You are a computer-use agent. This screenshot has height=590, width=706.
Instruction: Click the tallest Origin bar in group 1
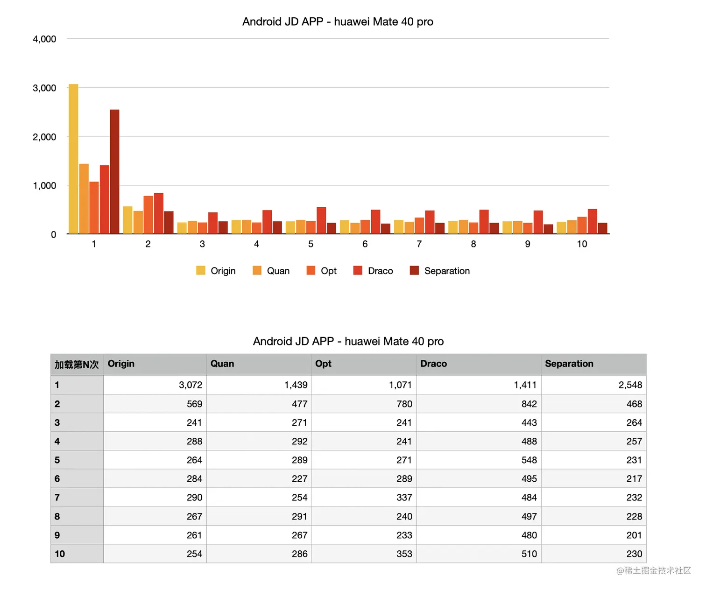click(73, 159)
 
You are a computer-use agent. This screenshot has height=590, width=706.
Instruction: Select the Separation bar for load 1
click(114, 172)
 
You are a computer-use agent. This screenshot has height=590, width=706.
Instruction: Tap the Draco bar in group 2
click(159, 213)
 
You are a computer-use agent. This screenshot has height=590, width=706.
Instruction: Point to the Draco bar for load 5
click(321, 220)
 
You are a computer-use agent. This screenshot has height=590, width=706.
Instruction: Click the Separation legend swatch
click(414, 271)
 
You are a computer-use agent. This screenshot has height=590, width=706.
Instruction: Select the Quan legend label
click(278, 271)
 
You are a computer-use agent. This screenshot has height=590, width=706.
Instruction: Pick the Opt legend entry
click(328, 271)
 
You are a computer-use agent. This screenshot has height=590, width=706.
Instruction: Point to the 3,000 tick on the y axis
click(44, 88)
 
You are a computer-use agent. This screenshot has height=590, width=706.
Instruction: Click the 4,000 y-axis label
click(44, 39)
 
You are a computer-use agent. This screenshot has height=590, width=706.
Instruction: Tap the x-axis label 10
click(582, 244)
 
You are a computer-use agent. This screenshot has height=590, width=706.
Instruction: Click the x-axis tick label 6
click(365, 244)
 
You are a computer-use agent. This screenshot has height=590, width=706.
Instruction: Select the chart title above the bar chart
click(338, 22)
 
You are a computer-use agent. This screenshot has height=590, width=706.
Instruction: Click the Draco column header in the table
click(433, 364)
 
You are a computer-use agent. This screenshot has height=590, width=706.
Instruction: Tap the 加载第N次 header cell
click(77, 364)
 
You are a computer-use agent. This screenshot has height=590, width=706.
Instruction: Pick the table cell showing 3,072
click(191, 385)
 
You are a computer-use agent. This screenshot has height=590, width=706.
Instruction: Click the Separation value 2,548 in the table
click(630, 385)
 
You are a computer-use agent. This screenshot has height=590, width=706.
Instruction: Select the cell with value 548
click(529, 460)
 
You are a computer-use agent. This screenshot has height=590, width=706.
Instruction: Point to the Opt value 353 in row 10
click(404, 554)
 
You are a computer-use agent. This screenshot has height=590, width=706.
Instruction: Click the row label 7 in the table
click(57, 498)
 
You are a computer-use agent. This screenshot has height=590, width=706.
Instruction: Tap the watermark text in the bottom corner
click(653, 570)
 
